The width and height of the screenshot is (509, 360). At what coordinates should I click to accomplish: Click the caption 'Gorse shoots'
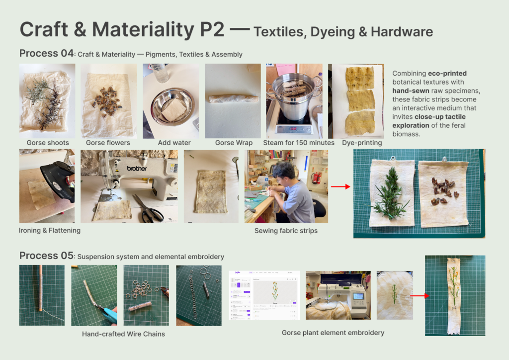point(48,143)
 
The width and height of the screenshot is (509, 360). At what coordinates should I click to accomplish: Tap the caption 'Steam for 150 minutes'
point(299,143)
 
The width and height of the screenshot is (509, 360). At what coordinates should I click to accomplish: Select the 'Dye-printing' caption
point(362,143)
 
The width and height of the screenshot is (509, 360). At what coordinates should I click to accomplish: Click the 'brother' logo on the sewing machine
point(137,169)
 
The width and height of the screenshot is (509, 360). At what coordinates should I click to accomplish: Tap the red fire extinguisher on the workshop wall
point(317,178)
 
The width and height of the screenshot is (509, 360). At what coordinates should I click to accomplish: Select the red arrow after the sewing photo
point(340,186)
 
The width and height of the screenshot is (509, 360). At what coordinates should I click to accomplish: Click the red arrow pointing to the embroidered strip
point(420,296)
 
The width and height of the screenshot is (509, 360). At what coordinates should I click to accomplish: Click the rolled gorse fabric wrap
point(233,98)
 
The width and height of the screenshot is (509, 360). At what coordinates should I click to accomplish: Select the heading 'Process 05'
point(46,256)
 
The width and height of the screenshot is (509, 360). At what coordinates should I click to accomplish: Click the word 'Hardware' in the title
point(402,32)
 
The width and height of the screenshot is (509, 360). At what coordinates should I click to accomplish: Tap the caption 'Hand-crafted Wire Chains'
point(123,334)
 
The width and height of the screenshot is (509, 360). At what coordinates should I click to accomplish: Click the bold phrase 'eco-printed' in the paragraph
point(447,74)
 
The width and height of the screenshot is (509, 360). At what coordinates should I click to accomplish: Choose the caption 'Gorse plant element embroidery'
point(333,333)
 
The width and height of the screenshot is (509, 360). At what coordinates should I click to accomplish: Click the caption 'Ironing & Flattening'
point(50,231)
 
